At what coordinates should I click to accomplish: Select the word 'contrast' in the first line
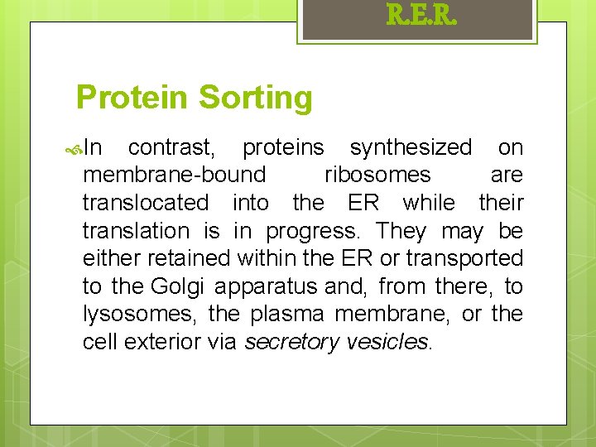171,148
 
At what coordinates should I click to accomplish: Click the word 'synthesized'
411,148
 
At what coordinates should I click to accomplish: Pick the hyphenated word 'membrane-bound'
175,175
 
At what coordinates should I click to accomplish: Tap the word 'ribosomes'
377,175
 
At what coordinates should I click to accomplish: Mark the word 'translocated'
146,203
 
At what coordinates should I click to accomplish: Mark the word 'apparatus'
265,287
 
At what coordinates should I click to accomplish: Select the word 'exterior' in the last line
159,342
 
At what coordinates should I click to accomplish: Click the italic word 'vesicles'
386,342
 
